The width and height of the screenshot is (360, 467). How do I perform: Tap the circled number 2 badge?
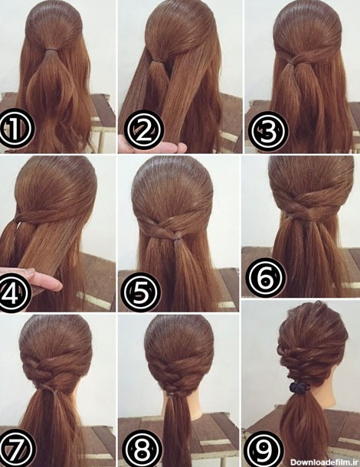[x=144, y=130]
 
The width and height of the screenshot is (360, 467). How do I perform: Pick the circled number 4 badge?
[x=13, y=292]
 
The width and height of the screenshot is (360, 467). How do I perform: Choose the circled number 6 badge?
[x=267, y=277]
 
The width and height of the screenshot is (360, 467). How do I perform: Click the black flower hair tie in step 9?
[x=299, y=387]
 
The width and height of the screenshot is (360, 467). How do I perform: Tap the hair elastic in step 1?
[x=52, y=48]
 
